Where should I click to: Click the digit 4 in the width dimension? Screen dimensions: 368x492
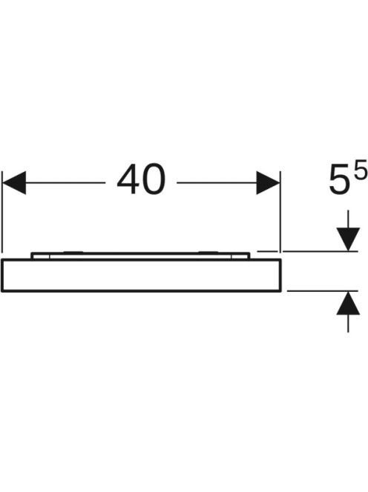tap(128, 179)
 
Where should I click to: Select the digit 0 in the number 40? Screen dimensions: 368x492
tap(154, 179)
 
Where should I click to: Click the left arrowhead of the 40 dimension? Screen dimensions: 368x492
tap(14, 182)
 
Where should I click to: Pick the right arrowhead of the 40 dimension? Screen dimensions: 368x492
tap(268, 182)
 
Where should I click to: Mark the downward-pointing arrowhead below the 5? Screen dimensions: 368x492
tap(348, 239)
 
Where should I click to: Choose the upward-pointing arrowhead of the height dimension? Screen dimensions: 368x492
tap(348, 303)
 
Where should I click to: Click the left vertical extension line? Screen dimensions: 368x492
tap(2, 211)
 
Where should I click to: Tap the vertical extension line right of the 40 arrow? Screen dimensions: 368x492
tap(280, 211)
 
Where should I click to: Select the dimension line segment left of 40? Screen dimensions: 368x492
tap(65, 182)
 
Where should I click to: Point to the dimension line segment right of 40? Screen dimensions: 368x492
tap(216, 182)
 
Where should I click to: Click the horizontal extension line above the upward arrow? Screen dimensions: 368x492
tap(323, 291)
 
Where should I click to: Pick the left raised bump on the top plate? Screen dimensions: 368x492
tap(73, 252)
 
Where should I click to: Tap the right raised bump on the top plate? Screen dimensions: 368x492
tap(209, 252)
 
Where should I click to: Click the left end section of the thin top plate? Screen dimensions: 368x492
tap(40, 256)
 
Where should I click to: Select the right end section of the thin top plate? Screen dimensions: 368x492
tap(240, 256)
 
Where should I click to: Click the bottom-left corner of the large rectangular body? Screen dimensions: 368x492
tap(2, 291)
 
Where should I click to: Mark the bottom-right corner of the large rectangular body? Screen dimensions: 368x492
tap(280, 291)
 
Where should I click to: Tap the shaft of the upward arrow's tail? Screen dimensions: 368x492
tap(348, 323)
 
